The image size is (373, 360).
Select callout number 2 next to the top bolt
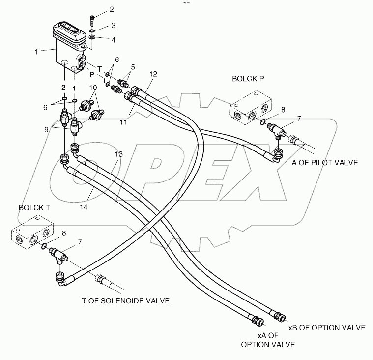coord(111,9)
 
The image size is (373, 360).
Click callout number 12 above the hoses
coord(153,74)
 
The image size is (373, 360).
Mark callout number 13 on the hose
coord(118,154)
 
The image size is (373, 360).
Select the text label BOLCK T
coord(35,207)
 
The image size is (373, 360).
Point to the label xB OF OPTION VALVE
coord(327,327)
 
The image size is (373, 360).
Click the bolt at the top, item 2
coord(93,20)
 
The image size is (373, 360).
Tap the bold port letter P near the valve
coord(91,75)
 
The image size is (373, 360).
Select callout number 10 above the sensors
coord(92,88)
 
